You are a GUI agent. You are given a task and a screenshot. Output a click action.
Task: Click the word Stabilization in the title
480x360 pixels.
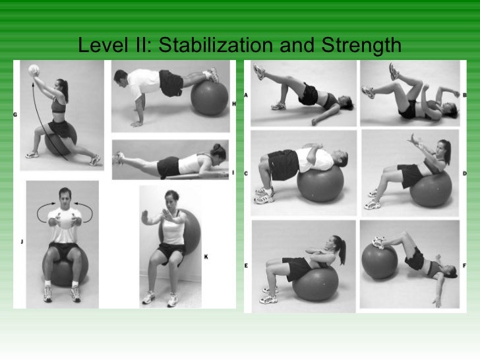point(218,46)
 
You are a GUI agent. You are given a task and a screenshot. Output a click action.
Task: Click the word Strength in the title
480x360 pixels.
point(361,46)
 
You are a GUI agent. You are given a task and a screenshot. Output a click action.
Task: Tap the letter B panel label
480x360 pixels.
point(464,95)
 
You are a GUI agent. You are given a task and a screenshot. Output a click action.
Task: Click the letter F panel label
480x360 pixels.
point(464,265)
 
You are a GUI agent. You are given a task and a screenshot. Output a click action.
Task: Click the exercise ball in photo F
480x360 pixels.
point(378,260)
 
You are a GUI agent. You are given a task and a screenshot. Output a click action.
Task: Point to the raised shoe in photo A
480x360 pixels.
point(258,71)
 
